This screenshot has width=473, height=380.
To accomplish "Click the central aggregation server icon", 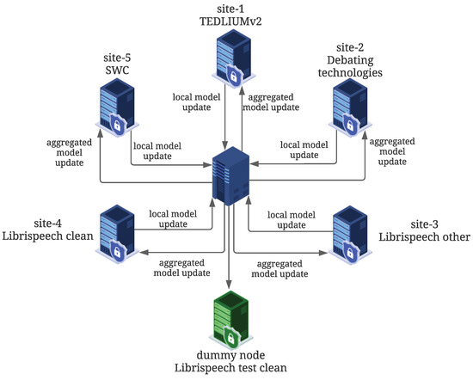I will (230, 175).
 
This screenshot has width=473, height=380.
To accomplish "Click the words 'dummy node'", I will (235, 356).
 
